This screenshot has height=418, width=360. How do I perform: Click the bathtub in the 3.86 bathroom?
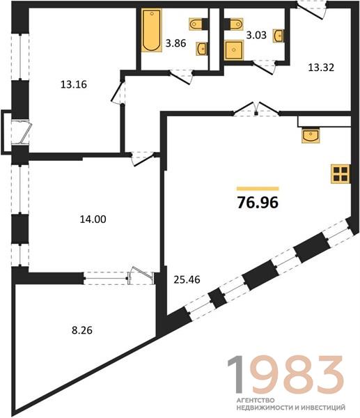pos(152,30)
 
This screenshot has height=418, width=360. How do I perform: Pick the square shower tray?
pos(234,50)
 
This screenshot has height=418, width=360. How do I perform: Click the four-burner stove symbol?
pos(341,174)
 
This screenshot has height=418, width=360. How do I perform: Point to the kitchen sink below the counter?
pos(311,135)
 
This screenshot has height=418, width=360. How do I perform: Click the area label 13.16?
pos(74,84)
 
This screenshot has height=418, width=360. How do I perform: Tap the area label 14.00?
pos(93,219)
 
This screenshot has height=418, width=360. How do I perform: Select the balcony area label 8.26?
pos(82,330)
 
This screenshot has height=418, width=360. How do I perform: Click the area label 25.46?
pos(187,279)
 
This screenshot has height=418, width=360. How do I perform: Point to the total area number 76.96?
pos(258,203)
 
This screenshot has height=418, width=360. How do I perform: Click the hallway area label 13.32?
pos(321,68)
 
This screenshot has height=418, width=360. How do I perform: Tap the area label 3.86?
pos(175,43)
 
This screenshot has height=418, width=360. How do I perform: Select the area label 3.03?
pos(256,36)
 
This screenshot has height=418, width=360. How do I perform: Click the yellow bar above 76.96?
pos(258,189)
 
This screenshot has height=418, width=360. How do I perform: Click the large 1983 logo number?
pos(285,375)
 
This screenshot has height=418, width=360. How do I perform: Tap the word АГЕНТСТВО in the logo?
pos(256,401)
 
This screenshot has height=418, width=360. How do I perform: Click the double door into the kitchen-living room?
pos(256,109)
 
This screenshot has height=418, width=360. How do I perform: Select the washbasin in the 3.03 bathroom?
pos(279,36)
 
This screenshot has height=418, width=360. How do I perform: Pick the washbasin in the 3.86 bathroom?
pos(202,49)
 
